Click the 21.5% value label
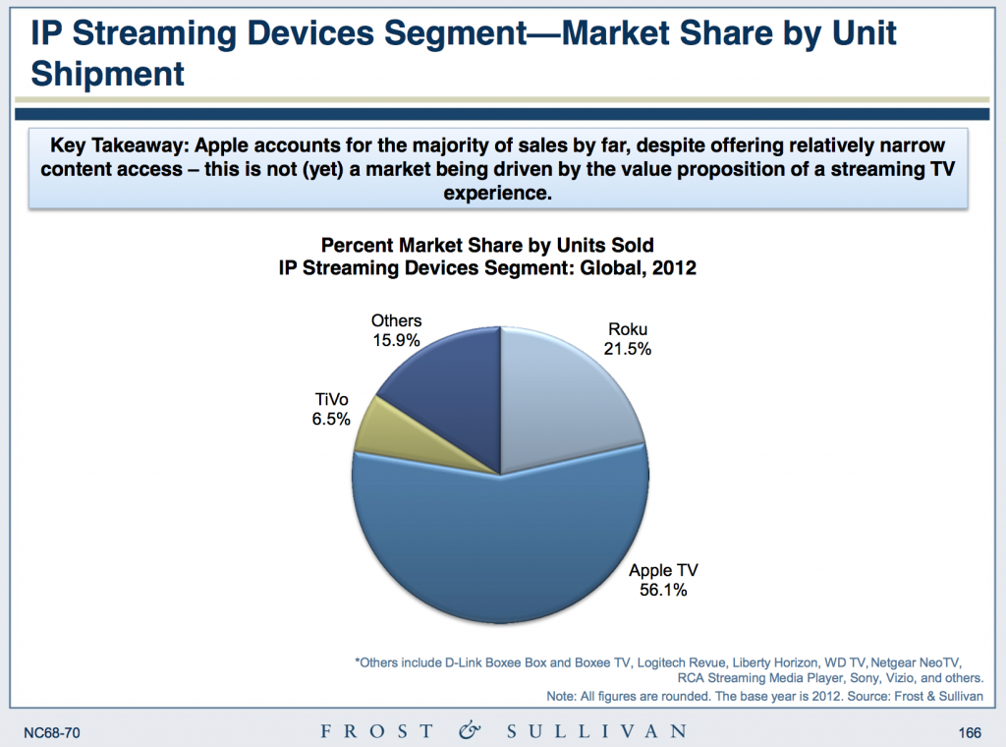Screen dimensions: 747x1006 (x=629, y=349)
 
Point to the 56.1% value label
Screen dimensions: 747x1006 (x=664, y=590)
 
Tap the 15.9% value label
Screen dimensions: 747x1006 (x=396, y=340)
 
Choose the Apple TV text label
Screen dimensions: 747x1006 (x=664, y=570)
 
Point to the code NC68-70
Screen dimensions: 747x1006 (x=51, y=731)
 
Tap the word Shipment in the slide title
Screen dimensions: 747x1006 (x=108, y=72)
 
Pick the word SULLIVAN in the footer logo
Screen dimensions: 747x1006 (x=596, y=731)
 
